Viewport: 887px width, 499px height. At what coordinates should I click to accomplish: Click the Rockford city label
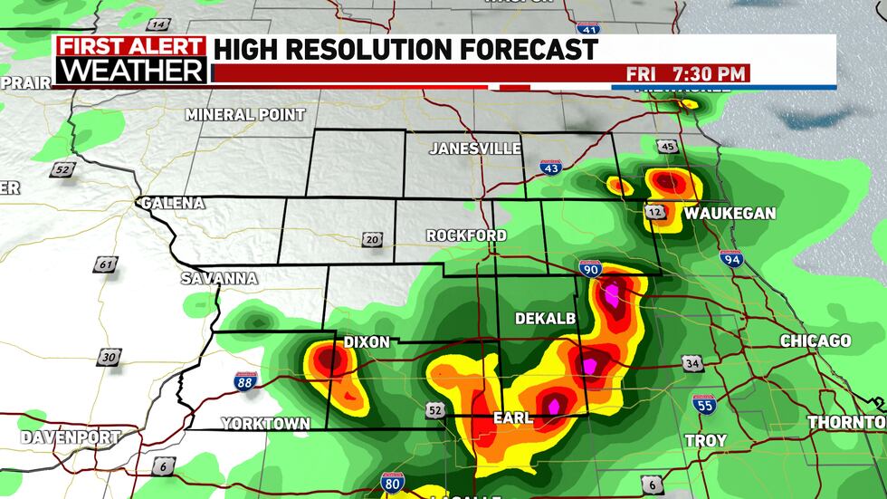(466, 235)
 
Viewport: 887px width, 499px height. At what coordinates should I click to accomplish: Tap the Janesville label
(475, 148)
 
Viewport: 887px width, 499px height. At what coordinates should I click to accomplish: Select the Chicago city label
(815, 341)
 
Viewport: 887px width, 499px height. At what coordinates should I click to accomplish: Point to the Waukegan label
(730, 214)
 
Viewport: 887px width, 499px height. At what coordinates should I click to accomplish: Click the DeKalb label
(539, 319)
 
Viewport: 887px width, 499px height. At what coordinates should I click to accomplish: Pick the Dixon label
(367, 342)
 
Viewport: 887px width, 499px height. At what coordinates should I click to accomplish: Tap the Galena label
(172, 203)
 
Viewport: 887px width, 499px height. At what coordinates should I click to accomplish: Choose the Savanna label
(219, 278)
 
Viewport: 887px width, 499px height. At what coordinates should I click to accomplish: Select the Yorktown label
(266, 423)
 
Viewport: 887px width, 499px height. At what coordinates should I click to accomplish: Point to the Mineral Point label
(245, 115)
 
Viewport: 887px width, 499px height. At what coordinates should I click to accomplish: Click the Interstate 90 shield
(590, 268)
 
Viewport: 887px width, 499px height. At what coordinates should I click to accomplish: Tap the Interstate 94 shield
(731, 258)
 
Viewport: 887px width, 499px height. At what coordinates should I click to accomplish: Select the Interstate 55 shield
(704, 403)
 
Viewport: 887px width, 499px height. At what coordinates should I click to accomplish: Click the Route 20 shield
(372, 239)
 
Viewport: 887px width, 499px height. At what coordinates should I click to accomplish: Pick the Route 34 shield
(692, 364)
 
